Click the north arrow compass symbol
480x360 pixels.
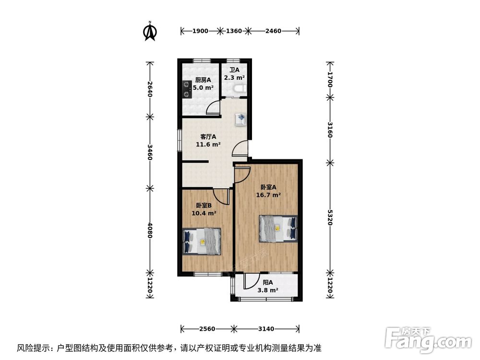tap(150, 31)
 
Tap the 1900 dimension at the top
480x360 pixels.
tap(200, 31)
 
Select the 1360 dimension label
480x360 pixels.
tap(233, 31)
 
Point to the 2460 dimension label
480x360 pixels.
tap(273, 31)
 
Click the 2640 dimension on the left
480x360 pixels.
tap(150, 89)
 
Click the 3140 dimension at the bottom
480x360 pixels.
tap(266, 329)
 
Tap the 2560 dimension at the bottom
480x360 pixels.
tap(207, 329)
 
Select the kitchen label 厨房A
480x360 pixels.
tap(203, 81)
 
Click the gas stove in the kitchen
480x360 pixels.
tap(186, 89)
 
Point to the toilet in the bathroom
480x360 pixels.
tap(240, 88)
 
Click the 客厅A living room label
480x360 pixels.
tap(207, 136)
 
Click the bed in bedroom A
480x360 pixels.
tap(278, 228)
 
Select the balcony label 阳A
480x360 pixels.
tap(267, 283)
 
